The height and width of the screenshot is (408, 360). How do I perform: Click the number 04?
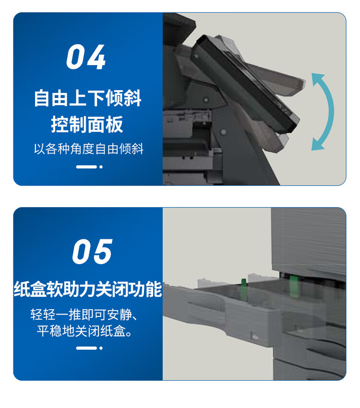tap(86, 57)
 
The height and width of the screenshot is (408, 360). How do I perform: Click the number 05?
tap(92, 252)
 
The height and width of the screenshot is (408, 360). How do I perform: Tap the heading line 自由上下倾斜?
tap(88, 98)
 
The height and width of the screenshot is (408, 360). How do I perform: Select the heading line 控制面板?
tap(87, 124)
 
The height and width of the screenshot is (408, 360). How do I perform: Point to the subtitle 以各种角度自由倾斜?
tap(89, 149)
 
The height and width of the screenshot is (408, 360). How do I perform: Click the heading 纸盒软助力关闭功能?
tap(88, 289)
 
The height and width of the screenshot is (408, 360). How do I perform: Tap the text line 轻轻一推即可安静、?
tap(84, 315)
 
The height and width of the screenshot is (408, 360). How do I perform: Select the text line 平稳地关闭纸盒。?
tap(84, 331)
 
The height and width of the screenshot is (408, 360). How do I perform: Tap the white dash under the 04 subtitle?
tap(86, 167)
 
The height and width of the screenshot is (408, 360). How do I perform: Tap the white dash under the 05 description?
tap(86, 348)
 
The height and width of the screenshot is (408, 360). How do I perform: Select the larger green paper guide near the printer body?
tap(294, 287)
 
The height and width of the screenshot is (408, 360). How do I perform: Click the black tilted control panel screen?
tap(245, 83)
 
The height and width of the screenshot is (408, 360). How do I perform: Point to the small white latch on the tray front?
tap(254, 336)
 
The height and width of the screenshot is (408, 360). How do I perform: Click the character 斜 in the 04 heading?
tap(132, 98)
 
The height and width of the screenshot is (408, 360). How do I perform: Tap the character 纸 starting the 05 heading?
tap(22, 289)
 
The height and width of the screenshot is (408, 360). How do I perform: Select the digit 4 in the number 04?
tap(97, 57)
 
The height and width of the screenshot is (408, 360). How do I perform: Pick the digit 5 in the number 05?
tap(103, 252)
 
